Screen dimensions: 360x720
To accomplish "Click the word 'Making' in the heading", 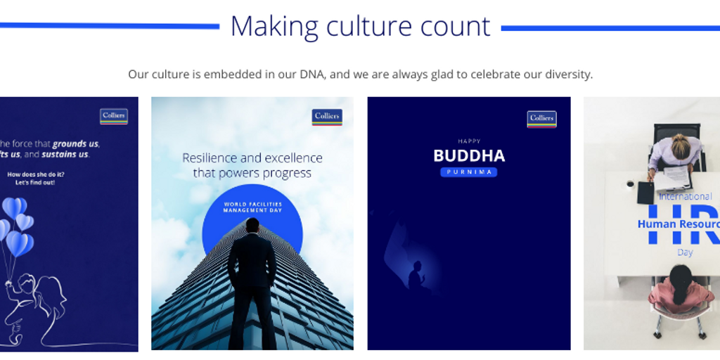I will coord(275,27).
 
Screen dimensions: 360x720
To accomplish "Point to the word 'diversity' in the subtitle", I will coord(567,74).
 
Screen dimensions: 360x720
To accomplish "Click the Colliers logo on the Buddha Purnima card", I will coord(541,118).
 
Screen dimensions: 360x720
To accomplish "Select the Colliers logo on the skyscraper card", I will coord(327,117).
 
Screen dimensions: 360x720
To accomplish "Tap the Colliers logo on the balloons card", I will coord(113,117).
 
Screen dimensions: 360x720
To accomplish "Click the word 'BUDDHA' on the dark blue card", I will coord(469,155).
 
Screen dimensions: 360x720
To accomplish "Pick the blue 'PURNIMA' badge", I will coord(469,172).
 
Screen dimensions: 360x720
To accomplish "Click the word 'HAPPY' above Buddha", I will coord(469,141).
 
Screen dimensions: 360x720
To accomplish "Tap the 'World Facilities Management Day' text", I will coord(252,207).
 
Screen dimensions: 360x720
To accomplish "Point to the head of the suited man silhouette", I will coord(252,225).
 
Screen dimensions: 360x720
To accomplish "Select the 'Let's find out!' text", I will coord(35,183).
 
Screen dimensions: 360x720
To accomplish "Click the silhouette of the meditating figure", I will coord(416,276).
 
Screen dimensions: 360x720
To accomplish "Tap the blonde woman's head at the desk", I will coord(679,146).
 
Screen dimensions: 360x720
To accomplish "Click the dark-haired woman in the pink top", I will coord(679,288).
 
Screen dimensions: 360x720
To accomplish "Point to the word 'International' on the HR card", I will coord(685,197).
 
